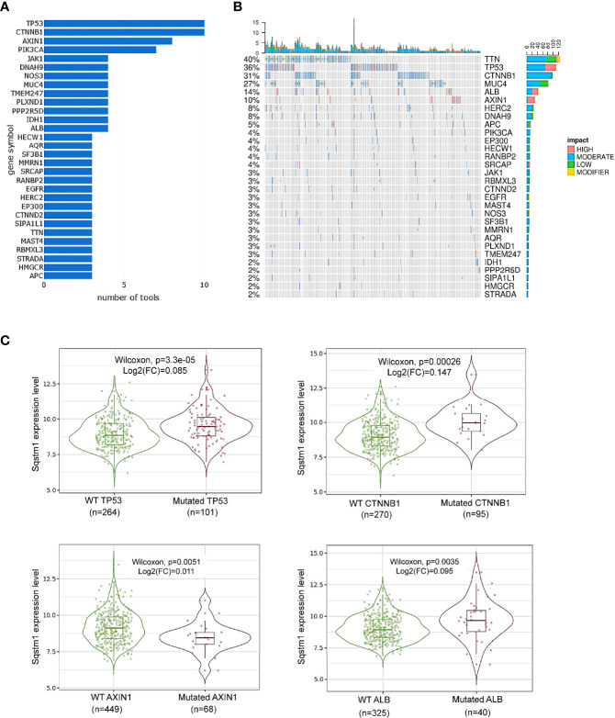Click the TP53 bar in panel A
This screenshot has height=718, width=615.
point(124,22)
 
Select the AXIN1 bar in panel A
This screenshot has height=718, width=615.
point(107,40)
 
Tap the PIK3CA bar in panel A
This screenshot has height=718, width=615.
point(99,50)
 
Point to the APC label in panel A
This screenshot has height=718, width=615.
point(32,273)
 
